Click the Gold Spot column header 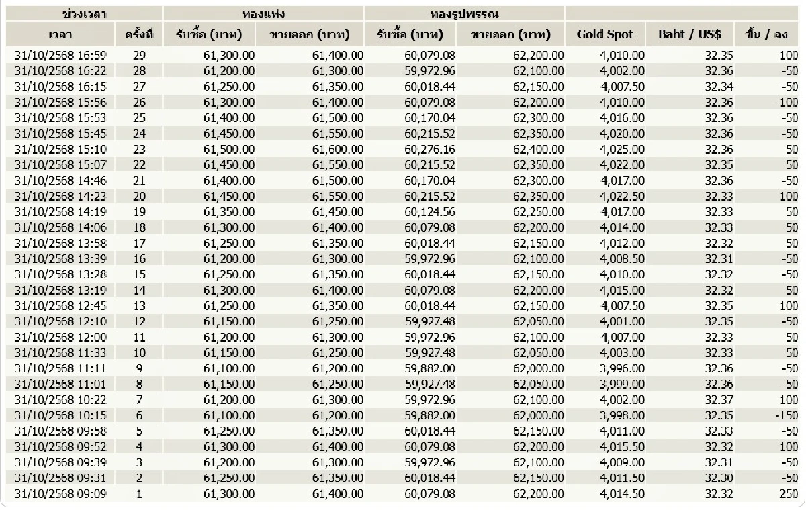(604, 34)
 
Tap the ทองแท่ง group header (263, 13)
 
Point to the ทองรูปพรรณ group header (464, 13)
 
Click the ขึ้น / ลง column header (770, 34)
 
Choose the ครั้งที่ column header (139, 34)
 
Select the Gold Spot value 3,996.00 (623, 368)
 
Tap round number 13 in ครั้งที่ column (139, 306)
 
